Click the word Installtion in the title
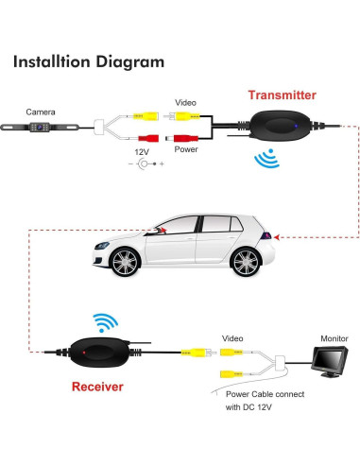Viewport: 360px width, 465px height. [x=52, y=62]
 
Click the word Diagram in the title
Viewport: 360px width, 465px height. [x=129, y=62]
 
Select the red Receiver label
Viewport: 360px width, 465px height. [x=97, y=387]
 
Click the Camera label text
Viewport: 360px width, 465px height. [x=41, y=111]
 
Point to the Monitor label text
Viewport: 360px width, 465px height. [x=333, y=337]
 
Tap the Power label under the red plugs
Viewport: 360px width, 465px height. [x=186, y=148]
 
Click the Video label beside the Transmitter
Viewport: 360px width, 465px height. [x=186, y=102]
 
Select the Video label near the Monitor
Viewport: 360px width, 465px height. [x=232, y=337]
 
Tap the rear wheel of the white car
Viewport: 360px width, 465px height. [x=245, y=263]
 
